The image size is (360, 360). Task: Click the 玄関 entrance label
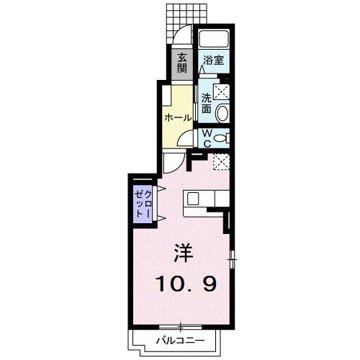[x=182, y=63]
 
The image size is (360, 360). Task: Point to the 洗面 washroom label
[x=206, y=104]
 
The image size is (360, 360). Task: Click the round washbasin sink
[x=222, y=113]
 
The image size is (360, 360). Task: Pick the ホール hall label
[x=178, y=117]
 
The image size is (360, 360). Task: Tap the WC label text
[x=204, y=138]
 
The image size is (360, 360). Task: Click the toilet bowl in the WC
[x=220, y=138]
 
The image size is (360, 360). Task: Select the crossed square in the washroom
[x=222, y=91]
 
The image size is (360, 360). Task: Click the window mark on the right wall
[x=233, y=256]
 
